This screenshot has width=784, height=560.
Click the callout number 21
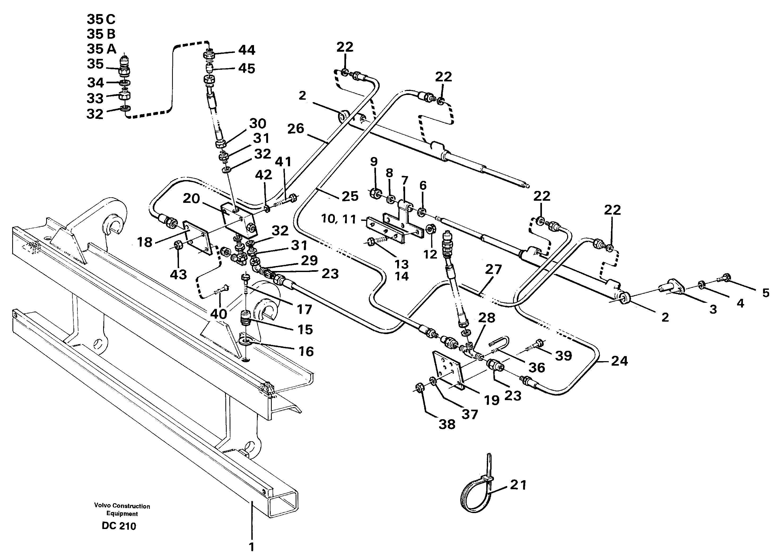(x=518, y=485)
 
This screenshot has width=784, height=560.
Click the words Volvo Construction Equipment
(x=122, y=510)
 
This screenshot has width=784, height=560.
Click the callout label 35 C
(x=101, y=19)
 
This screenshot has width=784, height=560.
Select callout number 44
(x=247, y=50)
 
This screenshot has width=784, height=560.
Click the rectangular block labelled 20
(x=238, y=221)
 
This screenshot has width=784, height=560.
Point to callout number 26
(x=296, y=129)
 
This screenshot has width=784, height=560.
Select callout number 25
(x=350, y=196)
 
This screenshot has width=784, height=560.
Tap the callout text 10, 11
(x=338, y=219)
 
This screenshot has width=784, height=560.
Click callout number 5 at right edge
(x=765, y=293)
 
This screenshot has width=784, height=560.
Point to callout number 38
(x=447, y=425)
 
